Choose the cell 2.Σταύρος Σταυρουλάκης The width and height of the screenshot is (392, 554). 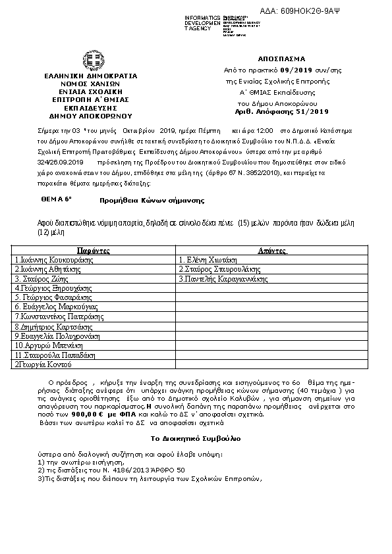tap(219, 269)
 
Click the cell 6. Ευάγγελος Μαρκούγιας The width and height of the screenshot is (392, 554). tap(52, 307)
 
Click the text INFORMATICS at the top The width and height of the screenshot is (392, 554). tap(202, 16)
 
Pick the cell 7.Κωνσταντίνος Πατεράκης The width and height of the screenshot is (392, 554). tap(58, 316)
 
